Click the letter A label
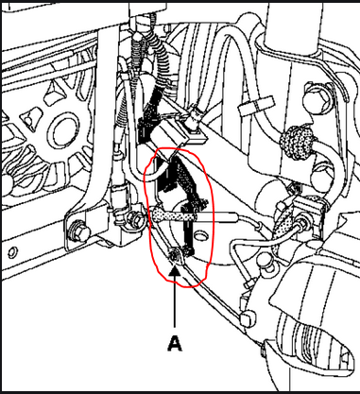(x=175, y=343)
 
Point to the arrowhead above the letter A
(x=175, y=271)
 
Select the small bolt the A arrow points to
(x=174, y=257)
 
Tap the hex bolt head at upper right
(x=316, y=98)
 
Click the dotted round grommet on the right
(x=298, y=139)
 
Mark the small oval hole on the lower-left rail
(x=12, y=252)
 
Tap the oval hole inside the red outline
(x=199, y=235)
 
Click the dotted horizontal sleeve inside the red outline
(x=174, y=216)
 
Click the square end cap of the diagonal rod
(x=248, y=317)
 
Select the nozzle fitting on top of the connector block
(x=193, y=121)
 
